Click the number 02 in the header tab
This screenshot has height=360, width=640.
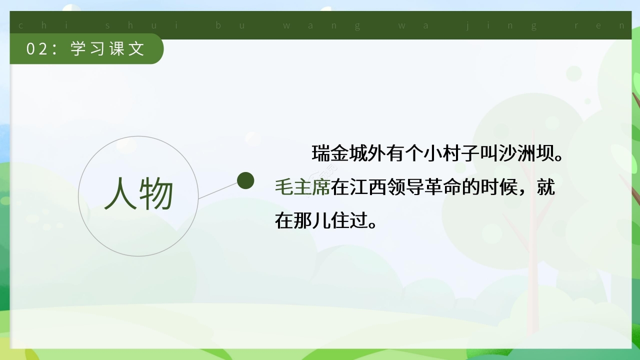coord(37,49)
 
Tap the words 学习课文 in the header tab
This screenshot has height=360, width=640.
coord(107,49)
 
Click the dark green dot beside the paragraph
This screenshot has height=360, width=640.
coord(245,180)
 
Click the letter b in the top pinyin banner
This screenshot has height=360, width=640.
coord(218,25)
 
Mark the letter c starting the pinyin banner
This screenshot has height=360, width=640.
coord(20,25)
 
